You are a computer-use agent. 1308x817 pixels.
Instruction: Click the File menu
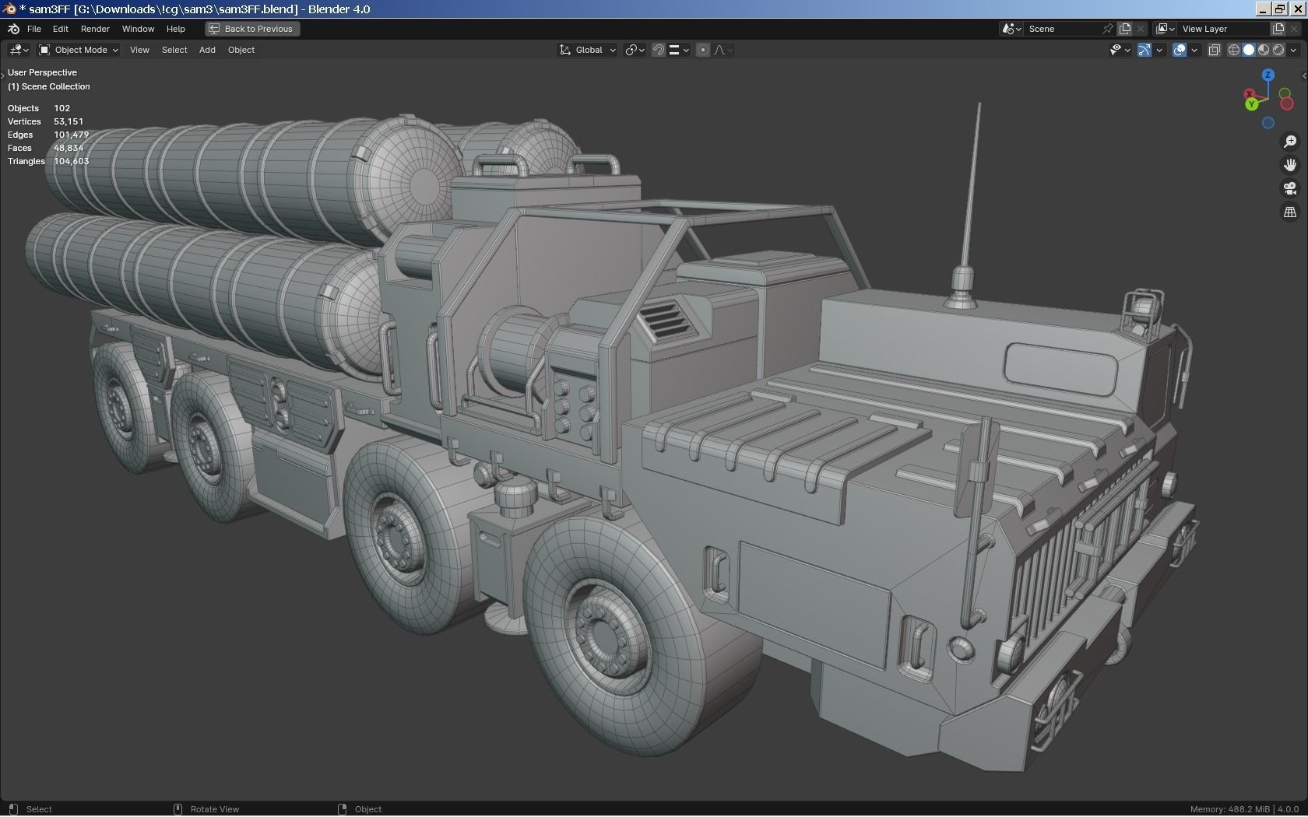coord(33,29)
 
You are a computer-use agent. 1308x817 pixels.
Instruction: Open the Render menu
coord(95,29)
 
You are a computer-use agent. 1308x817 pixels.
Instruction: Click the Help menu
coord(175,29)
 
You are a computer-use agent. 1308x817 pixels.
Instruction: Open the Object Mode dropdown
coord(79,50)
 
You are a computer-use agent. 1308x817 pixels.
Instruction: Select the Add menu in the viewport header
coord(207,50)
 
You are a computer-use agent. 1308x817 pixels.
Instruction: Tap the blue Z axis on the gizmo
coord(1268,75)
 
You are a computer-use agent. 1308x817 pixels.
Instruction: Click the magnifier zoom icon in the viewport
coord(1290,142)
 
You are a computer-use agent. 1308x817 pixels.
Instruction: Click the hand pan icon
coord(1290,165)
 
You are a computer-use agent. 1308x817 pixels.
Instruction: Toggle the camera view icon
coord(1290,188)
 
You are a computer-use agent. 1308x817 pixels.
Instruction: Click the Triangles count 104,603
coord(71,161)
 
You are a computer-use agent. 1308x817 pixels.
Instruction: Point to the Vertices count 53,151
coord(69,121)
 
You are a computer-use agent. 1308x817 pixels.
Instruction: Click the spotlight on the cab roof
coord(1142,308)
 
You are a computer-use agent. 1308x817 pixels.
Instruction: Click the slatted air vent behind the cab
coord(663,317)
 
